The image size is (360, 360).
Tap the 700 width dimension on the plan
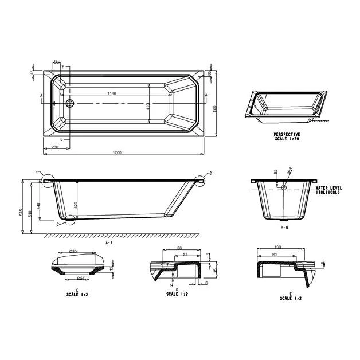(214, 109)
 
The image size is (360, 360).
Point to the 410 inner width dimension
(148, 107)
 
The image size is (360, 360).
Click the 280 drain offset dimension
(55, 148)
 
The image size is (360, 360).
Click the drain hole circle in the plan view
(70, 104)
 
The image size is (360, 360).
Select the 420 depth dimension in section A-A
(75, 205)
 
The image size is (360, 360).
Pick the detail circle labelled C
(71, 218)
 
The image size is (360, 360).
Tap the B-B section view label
(284, 228)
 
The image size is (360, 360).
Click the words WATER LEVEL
(328, 187)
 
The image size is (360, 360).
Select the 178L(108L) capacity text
(328, 193)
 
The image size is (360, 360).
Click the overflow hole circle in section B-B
(283, 187)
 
